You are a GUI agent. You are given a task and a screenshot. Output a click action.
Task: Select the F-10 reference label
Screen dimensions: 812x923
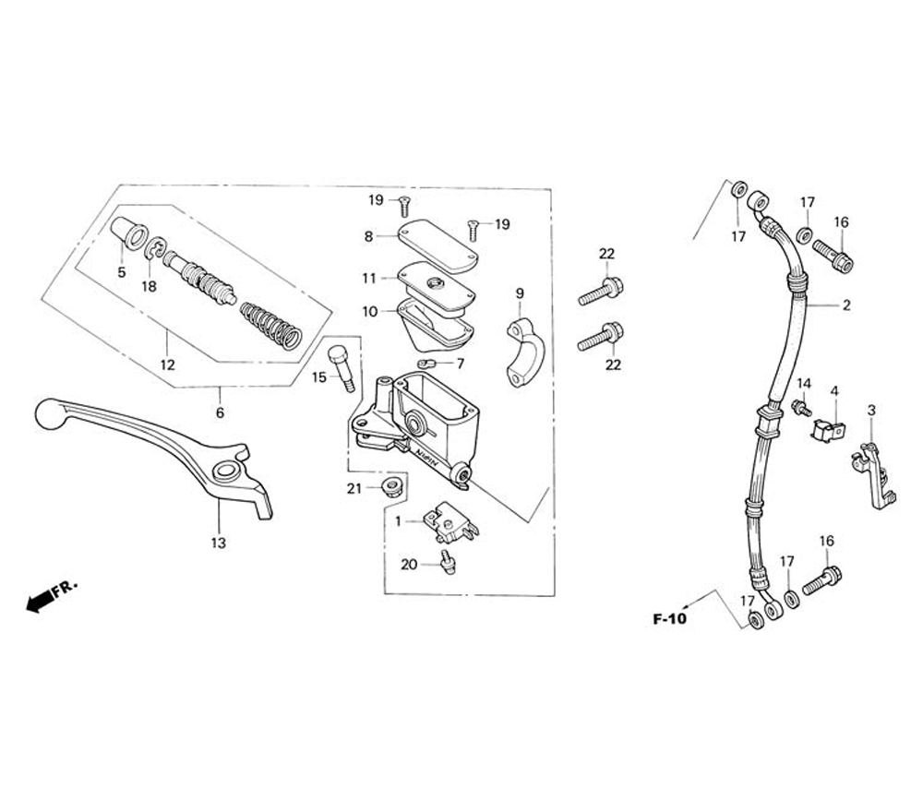pos(669,619)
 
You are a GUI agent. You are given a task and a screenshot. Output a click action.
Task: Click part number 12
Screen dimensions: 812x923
pos(167,364)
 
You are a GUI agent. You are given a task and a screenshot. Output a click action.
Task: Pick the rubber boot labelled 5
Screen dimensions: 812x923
pos(128,236)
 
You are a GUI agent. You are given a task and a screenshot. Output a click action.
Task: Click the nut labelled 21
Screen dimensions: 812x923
pos(392,486)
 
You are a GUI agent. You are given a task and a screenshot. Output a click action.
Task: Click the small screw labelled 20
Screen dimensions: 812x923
pos(448,561)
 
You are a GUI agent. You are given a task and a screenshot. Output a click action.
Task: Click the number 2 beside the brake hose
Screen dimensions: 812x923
pos(846,305)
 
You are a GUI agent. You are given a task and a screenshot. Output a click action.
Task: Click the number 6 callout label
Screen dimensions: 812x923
pos(220,412)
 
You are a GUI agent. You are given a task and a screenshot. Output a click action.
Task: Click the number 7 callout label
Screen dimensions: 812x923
pos(460,364)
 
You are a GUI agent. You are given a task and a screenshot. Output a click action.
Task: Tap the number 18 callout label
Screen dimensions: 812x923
pos(150,286)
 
